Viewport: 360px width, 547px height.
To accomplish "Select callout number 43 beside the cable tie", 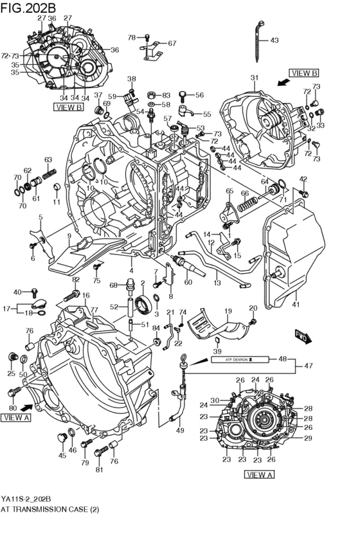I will (274, 40).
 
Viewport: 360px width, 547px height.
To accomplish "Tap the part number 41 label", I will (296, 304).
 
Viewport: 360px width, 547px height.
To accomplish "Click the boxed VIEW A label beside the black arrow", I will (16, 417).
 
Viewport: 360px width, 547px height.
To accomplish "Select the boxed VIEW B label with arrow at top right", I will (304, 73).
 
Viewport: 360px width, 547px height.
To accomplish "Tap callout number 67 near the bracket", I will (172, 44).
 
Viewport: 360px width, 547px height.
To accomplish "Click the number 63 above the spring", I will (48, 159).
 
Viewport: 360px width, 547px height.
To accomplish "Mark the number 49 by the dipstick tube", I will (179, 430).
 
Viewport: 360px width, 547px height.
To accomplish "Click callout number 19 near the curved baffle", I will (228, 311).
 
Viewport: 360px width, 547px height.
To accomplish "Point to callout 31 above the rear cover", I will (254, 78).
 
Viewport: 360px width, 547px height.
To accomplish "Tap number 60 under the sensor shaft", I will (188, 282).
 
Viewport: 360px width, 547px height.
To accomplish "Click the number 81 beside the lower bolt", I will (99, 469).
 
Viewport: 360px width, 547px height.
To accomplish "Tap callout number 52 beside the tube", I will (114, 307).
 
